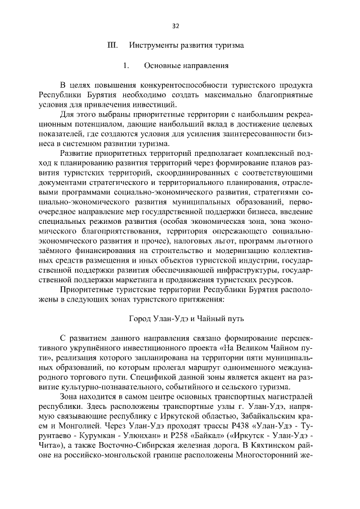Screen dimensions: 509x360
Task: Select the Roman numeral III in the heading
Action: tap(111, 46)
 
